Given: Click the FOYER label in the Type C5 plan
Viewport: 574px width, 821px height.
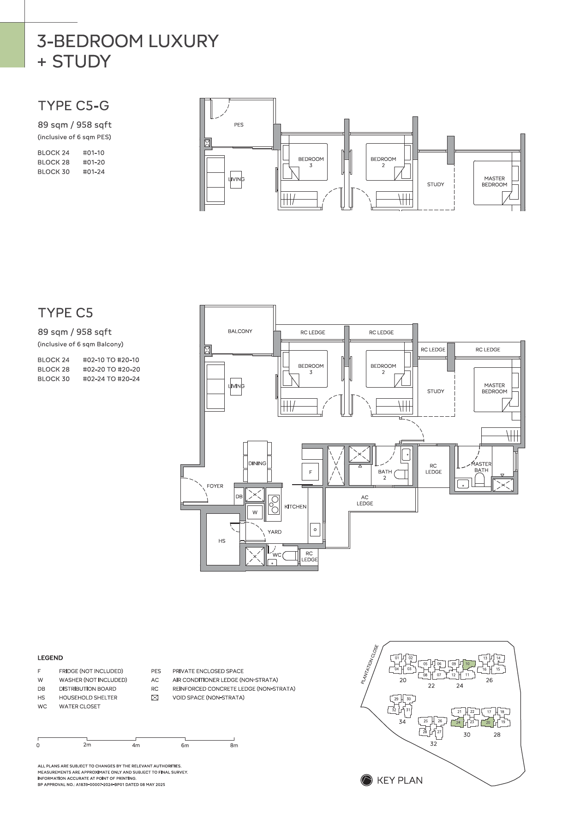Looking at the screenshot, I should tap(215, 486).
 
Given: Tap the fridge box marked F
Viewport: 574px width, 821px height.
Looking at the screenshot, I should tap(311, 472).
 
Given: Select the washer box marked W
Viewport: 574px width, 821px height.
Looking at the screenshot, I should tap(255, 512).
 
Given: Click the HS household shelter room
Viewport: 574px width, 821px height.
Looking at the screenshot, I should tap(222, 541).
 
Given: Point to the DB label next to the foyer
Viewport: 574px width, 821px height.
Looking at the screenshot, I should tap(239, 497).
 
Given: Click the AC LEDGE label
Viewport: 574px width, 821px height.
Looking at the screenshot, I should tap(365, 500).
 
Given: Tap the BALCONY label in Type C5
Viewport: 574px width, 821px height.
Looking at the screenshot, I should tap(240, 331).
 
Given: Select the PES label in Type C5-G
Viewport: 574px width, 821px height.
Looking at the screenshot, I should tap(239, 125).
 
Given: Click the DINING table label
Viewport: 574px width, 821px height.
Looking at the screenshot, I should tap(257, 463).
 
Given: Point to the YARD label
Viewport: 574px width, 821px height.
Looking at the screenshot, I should tap(275, 532).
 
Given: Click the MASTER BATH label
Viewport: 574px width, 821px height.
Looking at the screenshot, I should tap(481, 467).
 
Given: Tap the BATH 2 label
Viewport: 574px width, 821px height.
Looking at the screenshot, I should tap(385, 474).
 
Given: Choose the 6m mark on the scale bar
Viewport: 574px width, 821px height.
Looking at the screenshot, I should tap(185, 745).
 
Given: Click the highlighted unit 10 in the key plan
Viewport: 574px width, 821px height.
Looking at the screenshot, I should tap(468, 664).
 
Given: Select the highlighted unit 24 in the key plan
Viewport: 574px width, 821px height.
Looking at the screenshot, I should tap(458, 722).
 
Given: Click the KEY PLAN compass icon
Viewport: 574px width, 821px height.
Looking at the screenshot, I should tap(366, 780).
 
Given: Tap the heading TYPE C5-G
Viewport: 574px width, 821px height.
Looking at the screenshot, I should tap(73, 106).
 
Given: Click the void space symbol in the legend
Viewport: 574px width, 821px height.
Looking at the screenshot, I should tap(155, 698).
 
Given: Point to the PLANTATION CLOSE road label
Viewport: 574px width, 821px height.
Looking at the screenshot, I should tap(370, 664).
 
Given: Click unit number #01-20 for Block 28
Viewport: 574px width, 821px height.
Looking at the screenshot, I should tap(94, 162).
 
